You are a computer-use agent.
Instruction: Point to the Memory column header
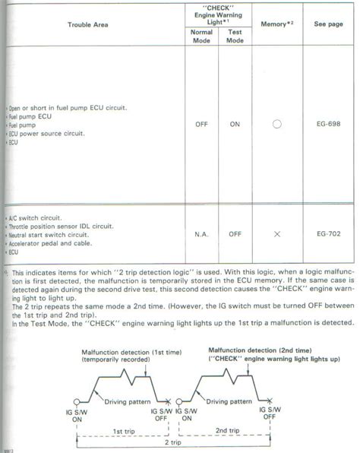pos(276,24)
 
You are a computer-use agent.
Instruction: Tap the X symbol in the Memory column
pos(276,234)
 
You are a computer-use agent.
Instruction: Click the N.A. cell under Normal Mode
pos(201,234)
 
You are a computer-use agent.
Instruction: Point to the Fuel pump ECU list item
pos(31,117)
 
